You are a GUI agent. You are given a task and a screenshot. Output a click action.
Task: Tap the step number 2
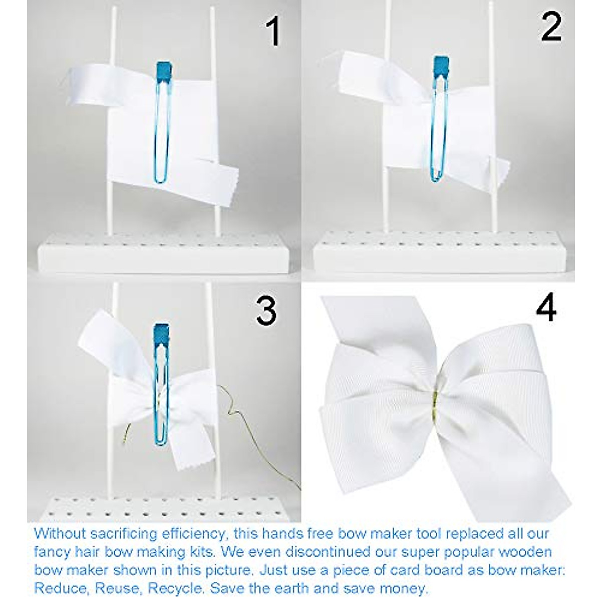tap(551, 28)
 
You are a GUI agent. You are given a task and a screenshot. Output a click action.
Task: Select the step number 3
tap(265, 310)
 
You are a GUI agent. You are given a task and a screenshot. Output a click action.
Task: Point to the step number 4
tap(545, 308)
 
